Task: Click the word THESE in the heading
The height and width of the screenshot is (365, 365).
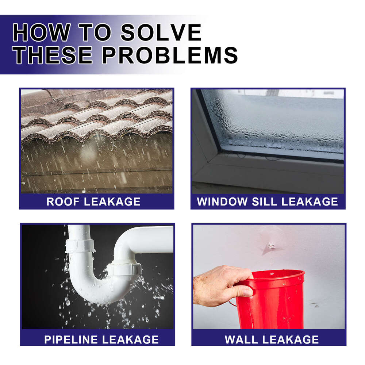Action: [54, 55]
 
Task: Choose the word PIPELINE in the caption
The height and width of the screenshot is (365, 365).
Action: [71, 339]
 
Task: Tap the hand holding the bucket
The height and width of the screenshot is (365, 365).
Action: [219, 285]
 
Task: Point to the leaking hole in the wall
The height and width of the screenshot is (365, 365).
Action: [270, 246]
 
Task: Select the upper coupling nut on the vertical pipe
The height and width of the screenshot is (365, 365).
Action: [80, 245]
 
